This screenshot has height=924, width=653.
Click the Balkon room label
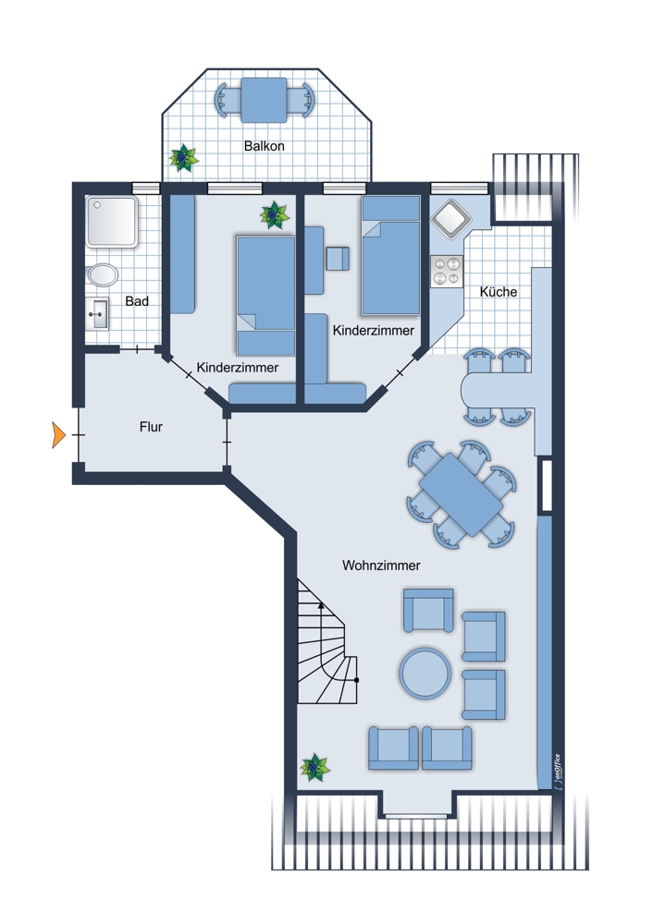(x=265, y=146)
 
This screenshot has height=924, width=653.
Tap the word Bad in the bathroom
(x=137, y=301)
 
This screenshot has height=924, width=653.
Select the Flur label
(x=151, y=427)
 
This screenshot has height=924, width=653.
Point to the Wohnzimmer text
(x=381, y=565)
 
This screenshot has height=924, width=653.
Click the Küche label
(x=499, y=292)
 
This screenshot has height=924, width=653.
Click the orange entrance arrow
(x=58, y=435)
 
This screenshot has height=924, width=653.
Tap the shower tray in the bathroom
(x=112, y=221)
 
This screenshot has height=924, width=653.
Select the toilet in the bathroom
(x=103, y=275)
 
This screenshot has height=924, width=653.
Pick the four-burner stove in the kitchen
(x=447, y=271)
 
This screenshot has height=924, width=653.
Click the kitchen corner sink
(x=452, y=220)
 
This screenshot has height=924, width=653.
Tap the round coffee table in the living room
(x=425, y=673)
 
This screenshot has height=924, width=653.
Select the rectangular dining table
(x=461, y=494)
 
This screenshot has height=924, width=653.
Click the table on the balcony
(x=264, y=100)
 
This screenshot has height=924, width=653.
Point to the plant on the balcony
(x=183, y=158)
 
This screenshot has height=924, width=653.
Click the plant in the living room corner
(x=315, y=767)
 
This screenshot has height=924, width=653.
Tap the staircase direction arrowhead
(x=320, y=604)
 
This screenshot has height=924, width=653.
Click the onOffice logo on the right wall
(x=557, y=772)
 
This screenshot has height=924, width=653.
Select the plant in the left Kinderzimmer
(x=275, y=215)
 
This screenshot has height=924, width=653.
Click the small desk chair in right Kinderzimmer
(x=338, y=259)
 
